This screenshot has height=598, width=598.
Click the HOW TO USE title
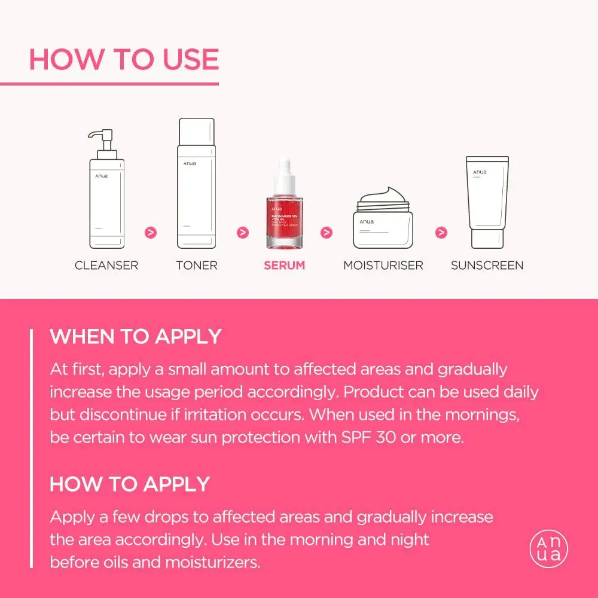point(124,59)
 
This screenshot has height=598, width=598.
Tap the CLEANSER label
point(106,265)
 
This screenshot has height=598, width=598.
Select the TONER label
point(197,265)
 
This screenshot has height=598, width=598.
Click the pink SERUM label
point(285,265)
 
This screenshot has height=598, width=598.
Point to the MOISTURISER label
point(383,265)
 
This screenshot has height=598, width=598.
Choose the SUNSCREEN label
point(487,265)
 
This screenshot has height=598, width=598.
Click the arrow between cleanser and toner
point(151,232)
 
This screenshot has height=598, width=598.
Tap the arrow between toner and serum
point(243,232)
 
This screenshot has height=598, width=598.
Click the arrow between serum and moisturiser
point(327,232)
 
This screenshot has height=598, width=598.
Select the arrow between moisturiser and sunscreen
point(441,232)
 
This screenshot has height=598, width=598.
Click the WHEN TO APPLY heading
point(136,336)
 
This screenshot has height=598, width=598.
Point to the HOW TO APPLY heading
point(130,484)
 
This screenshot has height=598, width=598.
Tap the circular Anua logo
point(548,549)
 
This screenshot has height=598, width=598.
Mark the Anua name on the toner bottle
point(190,163)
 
